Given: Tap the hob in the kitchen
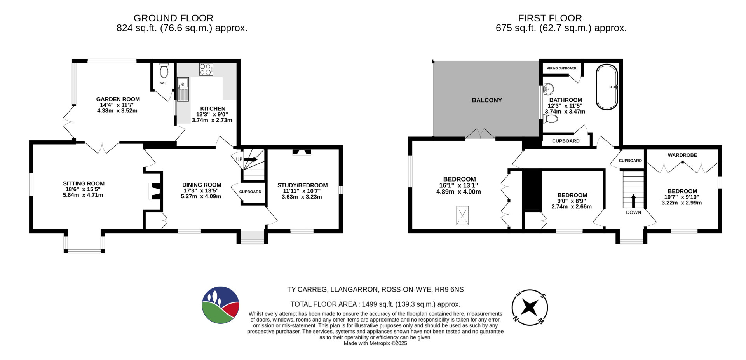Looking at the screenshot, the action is pos(206,69).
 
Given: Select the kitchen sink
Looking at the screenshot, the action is pos(183,89).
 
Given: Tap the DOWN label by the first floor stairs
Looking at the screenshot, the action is pos(633,213).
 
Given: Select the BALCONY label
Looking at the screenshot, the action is pos(487,100).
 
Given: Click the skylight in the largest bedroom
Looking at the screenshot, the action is pos(462,216).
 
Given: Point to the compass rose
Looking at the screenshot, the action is pos(530,308).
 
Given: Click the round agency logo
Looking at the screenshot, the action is pos(220,305).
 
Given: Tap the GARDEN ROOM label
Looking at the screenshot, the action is pos(118,99).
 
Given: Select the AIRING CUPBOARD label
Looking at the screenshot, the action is pos(561,68).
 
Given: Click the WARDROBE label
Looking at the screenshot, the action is pos(682,155).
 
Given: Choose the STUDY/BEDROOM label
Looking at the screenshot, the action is pos(302,185).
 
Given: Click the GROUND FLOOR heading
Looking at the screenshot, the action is pos(173,18).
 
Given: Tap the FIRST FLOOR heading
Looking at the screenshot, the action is pos(550,18).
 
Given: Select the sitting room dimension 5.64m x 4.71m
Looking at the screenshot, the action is pos(83,195).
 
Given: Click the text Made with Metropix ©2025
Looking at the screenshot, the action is pos(375,344).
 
